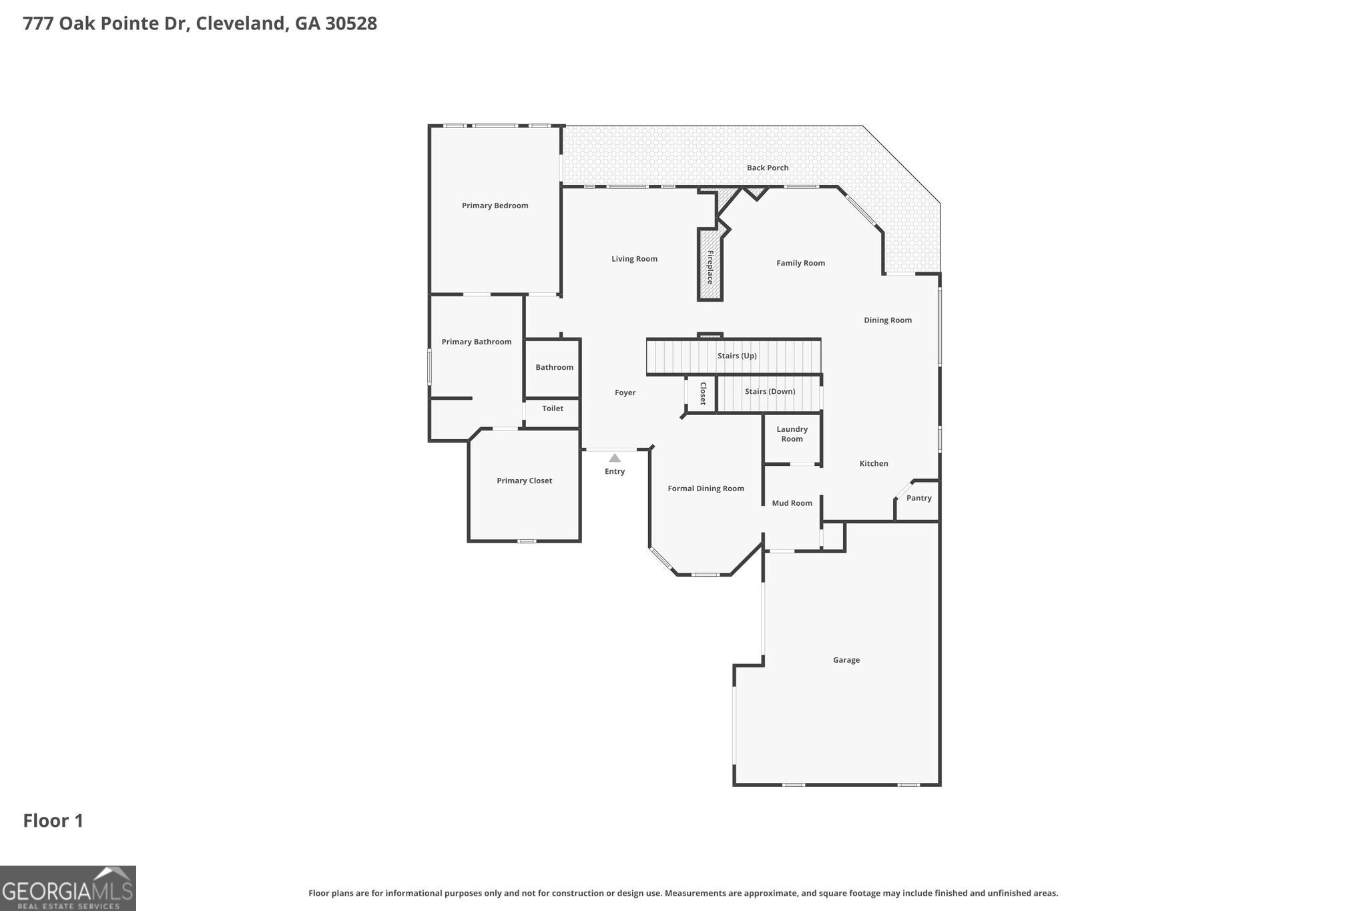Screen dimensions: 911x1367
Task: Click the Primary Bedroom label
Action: tap(495, 206)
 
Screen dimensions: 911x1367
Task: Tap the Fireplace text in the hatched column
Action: tap(710, 267)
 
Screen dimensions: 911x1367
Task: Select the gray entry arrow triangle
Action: tap(615, 459)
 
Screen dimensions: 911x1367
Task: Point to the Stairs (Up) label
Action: tap(737, 356)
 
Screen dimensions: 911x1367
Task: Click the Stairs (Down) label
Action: tap(770, 391)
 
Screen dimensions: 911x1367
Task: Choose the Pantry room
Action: tap(918, 499)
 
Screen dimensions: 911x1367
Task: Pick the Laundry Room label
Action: tap(792, 434)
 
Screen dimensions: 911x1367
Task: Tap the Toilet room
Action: tap(552, 408)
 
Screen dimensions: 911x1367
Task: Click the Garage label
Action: tap(846, 660)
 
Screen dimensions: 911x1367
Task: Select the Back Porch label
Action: tap(767, 168)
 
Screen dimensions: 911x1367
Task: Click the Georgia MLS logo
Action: tap(67, 888)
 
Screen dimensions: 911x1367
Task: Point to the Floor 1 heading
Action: tap(53, 821)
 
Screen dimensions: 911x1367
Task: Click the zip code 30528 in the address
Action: tap(351, 23)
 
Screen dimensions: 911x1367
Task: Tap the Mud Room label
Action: tap(792, 503)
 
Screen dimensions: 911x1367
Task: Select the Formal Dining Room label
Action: tap(706, 489)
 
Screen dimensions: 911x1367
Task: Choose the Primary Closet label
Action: tap(524, 481)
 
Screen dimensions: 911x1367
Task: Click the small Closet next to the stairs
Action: tap(702, 394)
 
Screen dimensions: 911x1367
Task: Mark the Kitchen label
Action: tap(873, 463)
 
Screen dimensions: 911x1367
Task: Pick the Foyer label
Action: tap(625, 392)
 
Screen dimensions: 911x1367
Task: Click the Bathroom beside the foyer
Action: tap(554, 367)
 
